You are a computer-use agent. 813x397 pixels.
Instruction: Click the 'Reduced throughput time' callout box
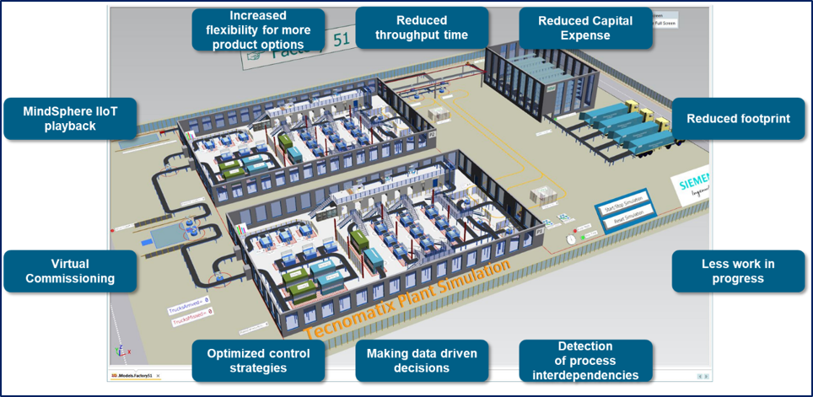click(422, 28)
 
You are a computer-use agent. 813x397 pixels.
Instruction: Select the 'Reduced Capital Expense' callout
click(585, 28)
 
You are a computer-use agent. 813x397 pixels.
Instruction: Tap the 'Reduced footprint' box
click(738, 119)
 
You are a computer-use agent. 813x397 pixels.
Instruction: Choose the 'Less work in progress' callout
click(738, 271)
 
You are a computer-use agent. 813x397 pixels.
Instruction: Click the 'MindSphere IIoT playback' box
click(70, 119)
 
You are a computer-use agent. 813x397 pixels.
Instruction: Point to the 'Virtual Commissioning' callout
click(70, 271)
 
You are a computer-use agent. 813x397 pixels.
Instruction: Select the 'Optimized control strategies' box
click(258, 361)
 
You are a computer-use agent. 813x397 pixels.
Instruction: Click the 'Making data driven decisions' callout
click(422, 361)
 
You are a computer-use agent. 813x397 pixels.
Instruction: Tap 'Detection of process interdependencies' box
click(585, 361)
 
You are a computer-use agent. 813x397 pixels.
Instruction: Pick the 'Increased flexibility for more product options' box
click(258, 30)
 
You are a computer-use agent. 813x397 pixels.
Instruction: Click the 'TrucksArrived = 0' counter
click(190, 299)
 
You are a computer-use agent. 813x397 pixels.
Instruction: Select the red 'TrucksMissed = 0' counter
click(191, 311)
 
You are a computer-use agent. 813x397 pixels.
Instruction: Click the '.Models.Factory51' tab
click(136, 375)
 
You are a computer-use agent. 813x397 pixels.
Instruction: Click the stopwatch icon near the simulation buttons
click(572, 239)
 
